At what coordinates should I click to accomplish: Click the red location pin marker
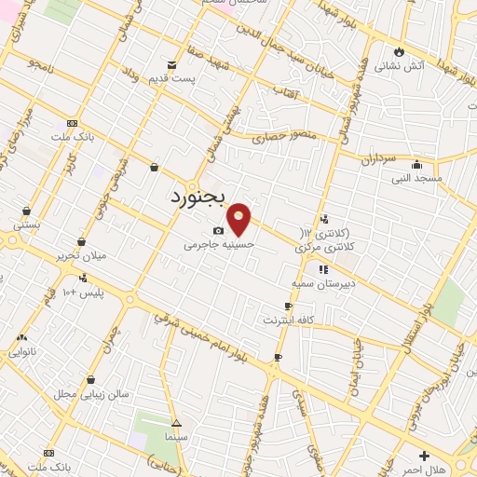click(x=240, y=219)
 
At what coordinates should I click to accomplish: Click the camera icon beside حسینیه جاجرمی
click(x=218, y=230)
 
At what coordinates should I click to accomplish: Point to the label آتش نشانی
click(x=400, y=67)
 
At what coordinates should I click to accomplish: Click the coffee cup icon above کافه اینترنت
click(x=289, y=306)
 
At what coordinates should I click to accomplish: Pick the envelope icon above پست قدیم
click(x=171, y=64)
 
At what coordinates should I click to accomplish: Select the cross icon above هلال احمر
click(x=425, y=456)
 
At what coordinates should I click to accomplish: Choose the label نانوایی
click(x=23, y=353)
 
